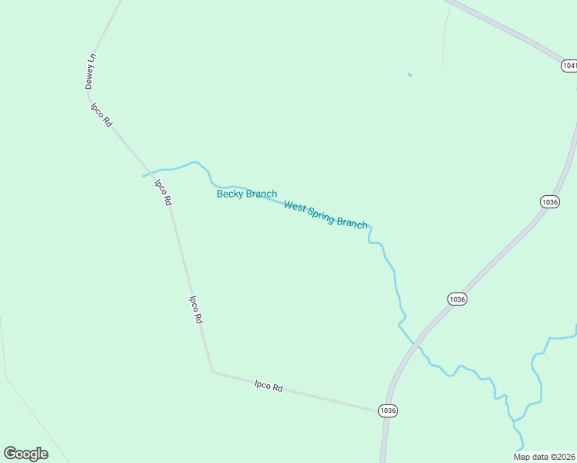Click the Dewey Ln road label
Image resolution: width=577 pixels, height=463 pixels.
91,71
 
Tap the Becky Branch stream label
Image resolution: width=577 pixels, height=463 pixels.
246,194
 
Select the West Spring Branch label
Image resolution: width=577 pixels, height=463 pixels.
326,215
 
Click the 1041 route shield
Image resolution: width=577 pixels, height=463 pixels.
569,66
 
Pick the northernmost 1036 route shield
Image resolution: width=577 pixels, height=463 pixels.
549,201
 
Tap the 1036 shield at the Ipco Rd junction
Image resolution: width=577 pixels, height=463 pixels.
388,411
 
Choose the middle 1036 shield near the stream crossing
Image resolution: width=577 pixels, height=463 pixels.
457,299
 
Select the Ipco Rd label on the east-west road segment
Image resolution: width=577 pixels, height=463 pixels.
268,385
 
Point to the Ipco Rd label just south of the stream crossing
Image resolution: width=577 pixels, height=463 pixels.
163,192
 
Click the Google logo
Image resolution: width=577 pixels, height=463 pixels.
25,454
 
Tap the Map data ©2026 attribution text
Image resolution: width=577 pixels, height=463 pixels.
544,457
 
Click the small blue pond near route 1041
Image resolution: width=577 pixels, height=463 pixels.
410,75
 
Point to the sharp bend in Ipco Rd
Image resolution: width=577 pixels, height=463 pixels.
212,371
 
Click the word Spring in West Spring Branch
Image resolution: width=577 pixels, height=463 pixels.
322,214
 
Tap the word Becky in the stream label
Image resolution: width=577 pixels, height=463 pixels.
230,194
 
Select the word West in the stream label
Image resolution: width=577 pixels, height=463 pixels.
295,206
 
